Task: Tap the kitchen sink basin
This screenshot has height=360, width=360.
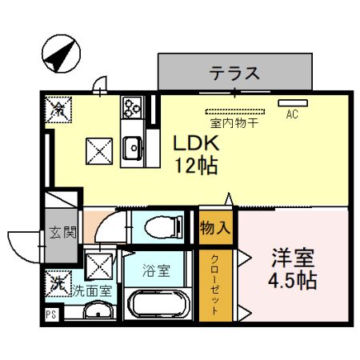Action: click(x=133, y=146)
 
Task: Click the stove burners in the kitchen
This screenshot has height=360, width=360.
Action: click(x=131, y=106)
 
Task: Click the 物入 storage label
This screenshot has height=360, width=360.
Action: click(x=215, y=227)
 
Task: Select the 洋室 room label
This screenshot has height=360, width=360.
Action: click(x=293, y=260)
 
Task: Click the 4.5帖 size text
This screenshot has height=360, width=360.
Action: click(x=293, y=282)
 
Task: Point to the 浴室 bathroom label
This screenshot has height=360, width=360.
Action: click(x=156, y=270)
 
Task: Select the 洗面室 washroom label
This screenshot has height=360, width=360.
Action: click(x=93, y=290)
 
